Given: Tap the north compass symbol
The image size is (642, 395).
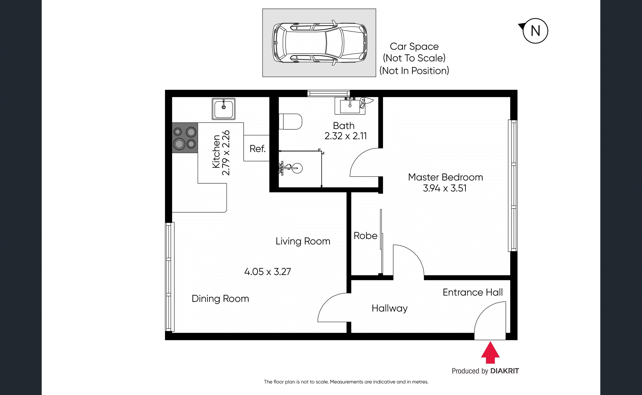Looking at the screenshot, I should click(x=535, y=31).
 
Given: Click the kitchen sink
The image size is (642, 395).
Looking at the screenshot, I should click(x=224, y=109).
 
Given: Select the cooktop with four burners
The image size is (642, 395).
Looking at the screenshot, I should click(x=185, y=138).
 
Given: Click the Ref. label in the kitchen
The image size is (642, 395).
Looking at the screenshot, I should click(x=257, y=149).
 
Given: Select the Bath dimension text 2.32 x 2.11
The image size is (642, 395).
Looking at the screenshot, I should click(x=346, y=136).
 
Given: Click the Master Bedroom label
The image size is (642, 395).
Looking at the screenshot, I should click(x=445, y=177).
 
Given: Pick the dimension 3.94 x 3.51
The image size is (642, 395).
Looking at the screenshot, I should click(x=445, y=188).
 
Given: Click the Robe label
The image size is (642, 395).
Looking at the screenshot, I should click(x=365, y=236).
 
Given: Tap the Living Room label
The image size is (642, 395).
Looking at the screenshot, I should click(x=303, y=241).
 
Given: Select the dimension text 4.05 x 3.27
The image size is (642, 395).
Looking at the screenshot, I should click(x=267, y=272).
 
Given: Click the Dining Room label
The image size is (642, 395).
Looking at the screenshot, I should click(x=220, y=299).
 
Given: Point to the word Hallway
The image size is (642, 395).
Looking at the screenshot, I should click(x=389, y=308).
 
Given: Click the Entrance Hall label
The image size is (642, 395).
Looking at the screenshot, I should click(x=472, y=292).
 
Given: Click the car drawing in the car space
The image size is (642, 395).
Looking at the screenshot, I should click(x=319, y=43).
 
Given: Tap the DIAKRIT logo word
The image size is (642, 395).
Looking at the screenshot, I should click(x=504, y=371).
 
